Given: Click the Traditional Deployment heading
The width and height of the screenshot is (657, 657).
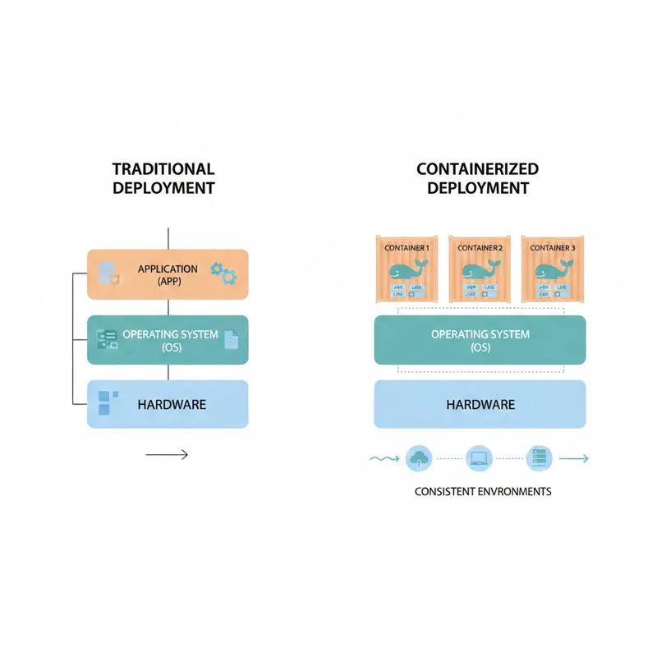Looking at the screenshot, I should [x=163, y=178].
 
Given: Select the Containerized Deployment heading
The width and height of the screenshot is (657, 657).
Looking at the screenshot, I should [x=477, y=178].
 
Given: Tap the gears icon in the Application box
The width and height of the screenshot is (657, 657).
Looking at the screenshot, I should [x=223, y=273].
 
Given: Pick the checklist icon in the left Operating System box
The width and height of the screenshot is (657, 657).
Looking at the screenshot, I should [x=108, y=338].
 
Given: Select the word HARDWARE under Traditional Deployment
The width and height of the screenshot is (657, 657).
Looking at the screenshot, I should [x=172, y=404].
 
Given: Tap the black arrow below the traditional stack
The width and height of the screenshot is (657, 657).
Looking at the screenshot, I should [x=167, y=454].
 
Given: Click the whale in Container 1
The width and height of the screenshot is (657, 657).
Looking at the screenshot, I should [x=406, y=271].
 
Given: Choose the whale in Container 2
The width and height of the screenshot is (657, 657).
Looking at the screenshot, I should [x=479, y=271].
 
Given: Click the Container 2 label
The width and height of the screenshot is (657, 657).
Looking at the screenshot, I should [x=479, y=247].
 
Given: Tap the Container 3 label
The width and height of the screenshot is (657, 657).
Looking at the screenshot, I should [x=553, y=247].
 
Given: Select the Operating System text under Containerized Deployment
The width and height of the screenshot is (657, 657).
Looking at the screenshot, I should [x=480, y=340].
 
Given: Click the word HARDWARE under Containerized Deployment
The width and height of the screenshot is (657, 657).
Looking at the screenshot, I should [x=480, y=404].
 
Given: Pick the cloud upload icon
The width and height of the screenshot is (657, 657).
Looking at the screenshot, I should [x=419, y=458].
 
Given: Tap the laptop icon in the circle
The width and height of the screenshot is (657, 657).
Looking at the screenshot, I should [x=478, y=458].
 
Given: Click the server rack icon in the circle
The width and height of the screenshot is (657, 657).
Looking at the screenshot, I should [x=539, y=458].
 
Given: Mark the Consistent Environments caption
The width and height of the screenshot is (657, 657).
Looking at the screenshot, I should [x=483, y=492].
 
